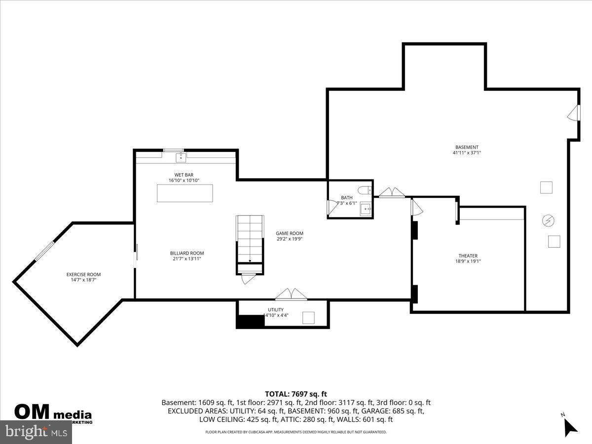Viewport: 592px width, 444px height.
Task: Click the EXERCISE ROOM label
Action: pyautogui.click(x=83, y=274)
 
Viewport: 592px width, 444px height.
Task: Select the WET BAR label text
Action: pyautogui.click(x=184, y=175)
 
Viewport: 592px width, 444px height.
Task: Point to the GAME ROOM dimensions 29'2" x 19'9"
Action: pyautogui.click(x=289, y=239)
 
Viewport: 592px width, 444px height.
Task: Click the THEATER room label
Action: pyautogui.click(x=468, y=256)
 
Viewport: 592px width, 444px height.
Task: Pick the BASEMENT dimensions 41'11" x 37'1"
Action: pyautogui.click(x=467, y=153)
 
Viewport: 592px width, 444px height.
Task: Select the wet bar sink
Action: pyautogui.click(x=181, y=157)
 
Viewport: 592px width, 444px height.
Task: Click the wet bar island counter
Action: pyautogui.click(x=185, y=193)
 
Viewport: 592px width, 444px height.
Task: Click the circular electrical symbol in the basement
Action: pyautogui.click(x=548, y=220)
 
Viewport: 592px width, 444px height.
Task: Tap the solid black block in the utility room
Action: pyautogui.click(x=251, y=321)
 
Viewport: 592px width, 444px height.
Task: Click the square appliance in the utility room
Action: pyautogui.click(x=309, y=318)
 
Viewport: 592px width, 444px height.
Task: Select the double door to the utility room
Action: pyautogui.click(x=291, y=295)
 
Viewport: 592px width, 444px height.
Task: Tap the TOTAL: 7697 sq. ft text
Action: pyautogui.click(x=296, y=394)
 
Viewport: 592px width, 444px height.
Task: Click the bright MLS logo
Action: pyautogui.click(x=36, y=432)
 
